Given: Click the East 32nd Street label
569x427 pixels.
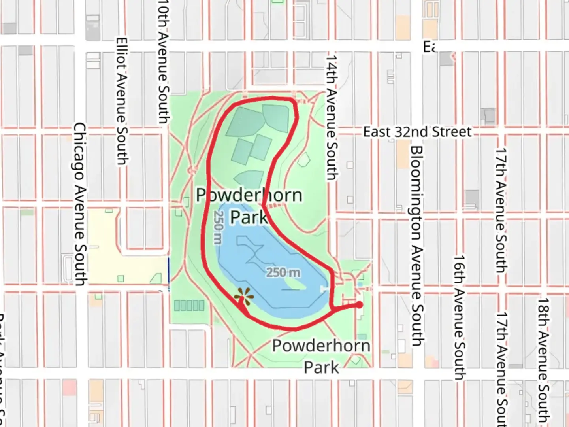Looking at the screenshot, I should (417, 132).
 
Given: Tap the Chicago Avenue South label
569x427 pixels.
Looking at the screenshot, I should (80, 204).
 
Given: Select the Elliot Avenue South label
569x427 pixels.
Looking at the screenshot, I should (122, 101).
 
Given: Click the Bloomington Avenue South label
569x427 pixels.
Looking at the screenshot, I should (416, 246).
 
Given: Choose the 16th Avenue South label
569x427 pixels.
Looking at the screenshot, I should (459, 317).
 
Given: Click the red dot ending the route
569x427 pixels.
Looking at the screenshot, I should (359, 305).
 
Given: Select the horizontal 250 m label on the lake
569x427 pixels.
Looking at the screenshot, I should (283, 272).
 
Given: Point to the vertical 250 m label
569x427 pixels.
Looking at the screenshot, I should (218, 227).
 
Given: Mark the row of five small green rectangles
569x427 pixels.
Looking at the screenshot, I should (189, 305).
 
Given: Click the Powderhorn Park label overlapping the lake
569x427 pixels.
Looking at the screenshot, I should (249, 206).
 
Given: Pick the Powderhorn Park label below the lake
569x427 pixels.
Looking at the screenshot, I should (321, 356).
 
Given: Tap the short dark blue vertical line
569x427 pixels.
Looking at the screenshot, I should (169, 270).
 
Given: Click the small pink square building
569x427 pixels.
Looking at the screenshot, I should (69, 387).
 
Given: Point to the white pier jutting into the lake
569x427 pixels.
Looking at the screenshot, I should (325, 289).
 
